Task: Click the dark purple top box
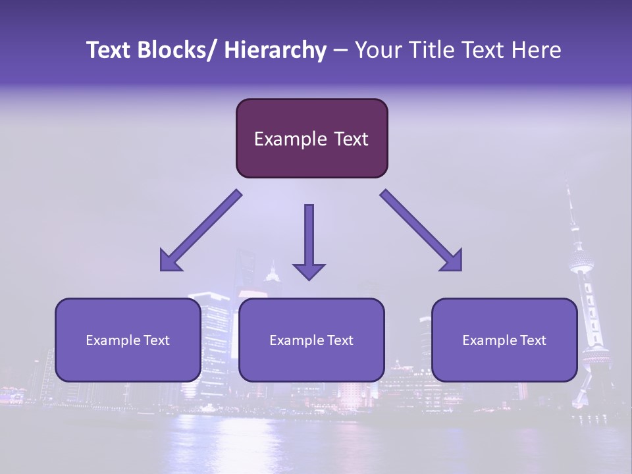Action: (311, 138)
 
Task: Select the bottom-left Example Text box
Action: (128, 340)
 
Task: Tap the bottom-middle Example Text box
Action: (311, 340)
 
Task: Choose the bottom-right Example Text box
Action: (504, 340)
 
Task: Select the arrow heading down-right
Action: (422, 231)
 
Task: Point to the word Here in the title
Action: (539, 50)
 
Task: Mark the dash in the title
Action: (340, 51)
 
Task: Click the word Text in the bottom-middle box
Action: (339, 340)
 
